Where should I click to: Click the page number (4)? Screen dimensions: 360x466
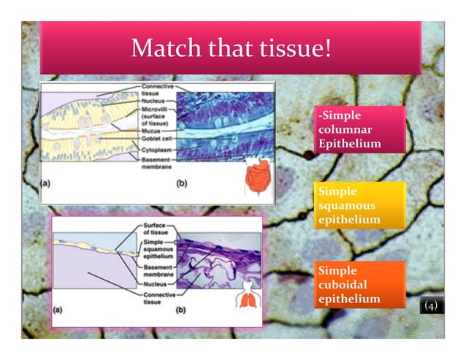[430, 306]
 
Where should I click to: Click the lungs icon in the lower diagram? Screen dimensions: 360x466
[251, 296]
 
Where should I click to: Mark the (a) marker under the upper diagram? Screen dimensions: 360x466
[45, 184]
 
